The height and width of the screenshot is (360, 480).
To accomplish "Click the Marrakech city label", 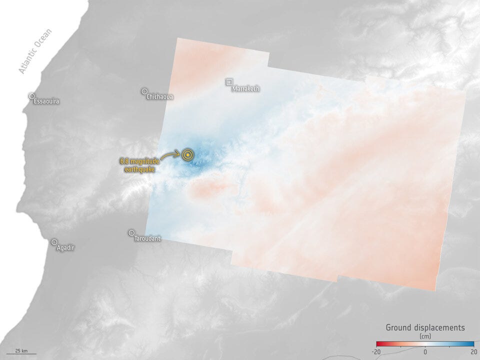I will [246, 89].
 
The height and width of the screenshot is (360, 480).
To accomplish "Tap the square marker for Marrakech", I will [229, 81].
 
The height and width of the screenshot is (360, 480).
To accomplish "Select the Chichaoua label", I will [160, 97].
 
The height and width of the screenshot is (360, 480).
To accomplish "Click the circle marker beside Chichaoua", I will [144, 91].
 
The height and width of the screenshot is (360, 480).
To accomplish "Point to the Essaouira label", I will [46, 101].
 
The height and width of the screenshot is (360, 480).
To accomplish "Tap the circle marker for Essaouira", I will [31, 95].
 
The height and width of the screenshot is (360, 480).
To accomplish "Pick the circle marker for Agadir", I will [54, 242].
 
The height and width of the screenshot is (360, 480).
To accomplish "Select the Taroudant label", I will [147, 239].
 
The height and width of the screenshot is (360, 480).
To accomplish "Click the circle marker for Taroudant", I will [131, 232].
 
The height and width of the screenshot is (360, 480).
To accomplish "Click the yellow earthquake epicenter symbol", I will [187, 155].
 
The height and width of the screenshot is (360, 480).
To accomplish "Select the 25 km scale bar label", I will [21, 349].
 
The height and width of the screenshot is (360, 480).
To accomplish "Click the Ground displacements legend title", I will [425, 328].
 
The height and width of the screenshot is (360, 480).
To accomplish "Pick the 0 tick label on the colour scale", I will [425, 352].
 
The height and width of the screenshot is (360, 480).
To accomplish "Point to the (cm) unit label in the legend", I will [425, 336].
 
